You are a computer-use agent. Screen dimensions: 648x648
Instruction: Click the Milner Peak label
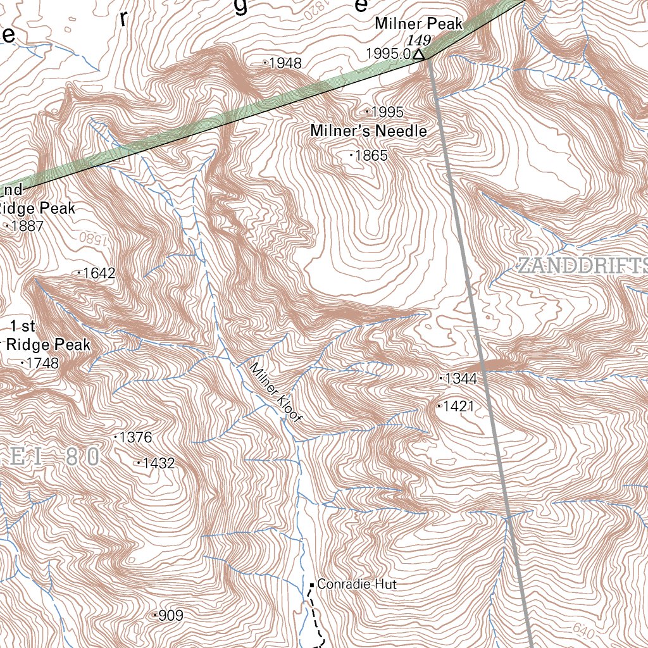click(418, 24)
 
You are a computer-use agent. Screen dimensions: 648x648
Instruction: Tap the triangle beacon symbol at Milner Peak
click(418, 55)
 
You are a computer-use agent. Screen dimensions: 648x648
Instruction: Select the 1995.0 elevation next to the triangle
click(389, 54)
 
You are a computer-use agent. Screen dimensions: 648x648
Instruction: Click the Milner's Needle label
click(368, 132)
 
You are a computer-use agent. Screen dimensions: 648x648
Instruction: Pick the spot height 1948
click(285, 63)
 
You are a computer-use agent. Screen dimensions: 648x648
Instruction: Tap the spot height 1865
click(371, 156)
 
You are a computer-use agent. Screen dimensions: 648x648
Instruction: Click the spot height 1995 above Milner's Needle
click(387, 112)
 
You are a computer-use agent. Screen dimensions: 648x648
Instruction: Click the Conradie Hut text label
click(357, 585)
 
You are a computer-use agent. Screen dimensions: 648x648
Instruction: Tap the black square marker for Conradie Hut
click(312, 585)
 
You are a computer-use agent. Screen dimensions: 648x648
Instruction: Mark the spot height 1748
click(42, 364)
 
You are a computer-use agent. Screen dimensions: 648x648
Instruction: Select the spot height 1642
click(99, 273)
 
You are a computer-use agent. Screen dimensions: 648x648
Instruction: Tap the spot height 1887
click(27, 226)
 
